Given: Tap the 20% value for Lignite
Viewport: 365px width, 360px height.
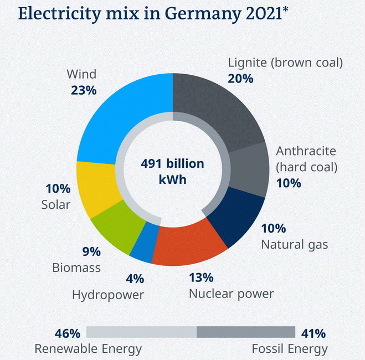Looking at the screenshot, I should [x=240, y=78].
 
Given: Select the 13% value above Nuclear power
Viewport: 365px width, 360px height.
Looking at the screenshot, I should [x=201, y=277].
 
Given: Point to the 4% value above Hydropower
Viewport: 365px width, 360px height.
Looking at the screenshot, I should [x=135, y=279].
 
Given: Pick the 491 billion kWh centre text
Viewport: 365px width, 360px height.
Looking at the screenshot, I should [x=172, y=172].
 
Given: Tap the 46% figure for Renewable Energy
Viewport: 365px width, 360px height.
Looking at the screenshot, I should [x=68, y=333].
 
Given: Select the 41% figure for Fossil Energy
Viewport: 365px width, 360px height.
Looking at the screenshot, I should [x=313, y=333].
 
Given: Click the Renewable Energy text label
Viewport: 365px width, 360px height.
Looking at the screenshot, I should [x=88, y=349].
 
